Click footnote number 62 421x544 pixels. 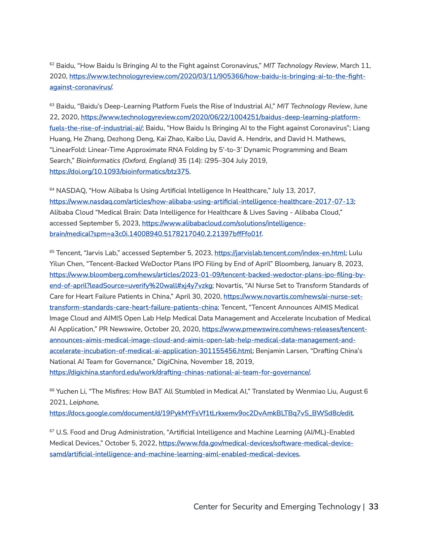tap(52, 64)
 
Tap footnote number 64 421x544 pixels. tap(52, 189)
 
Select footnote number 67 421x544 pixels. tap(52, 431)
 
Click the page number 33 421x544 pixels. tap(373, 507)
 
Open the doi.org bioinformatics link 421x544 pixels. tap(119, 171)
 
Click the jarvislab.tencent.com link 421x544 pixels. tap(280, 253)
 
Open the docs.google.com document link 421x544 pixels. tap(201, 413)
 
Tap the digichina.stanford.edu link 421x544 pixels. tap(180, 372)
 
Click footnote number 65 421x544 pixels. tap(52, 251)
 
